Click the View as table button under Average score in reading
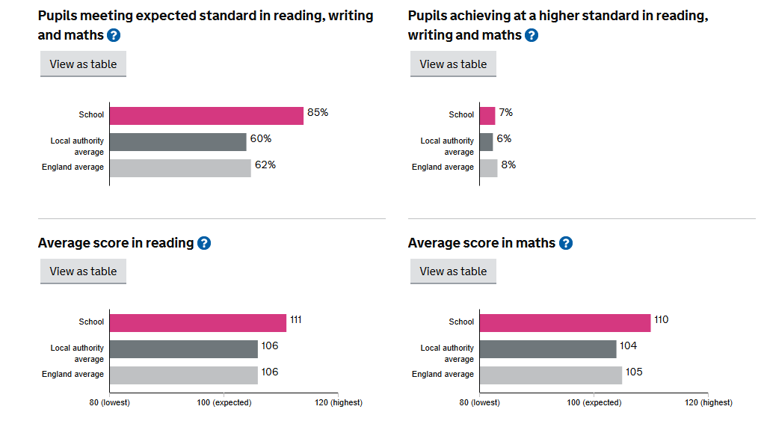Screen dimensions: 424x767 (x=83, y=271)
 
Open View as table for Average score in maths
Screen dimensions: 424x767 (x=453, y=271)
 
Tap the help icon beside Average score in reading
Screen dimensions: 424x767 (x=203, y=243)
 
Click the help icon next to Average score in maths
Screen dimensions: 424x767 (x=566, y=243)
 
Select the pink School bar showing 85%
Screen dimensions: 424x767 (x=206, y=115)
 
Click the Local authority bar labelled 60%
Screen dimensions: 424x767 (x=178, y=142)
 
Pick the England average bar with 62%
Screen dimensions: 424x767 (x=180, y=168)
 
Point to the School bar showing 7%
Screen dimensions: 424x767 (x=487, y=115)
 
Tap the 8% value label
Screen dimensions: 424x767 (x=508, y=165)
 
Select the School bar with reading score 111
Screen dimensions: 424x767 (x=198, y=322)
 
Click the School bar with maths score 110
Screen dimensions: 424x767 (x=565, y=322)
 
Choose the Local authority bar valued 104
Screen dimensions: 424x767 (x=548, y=348)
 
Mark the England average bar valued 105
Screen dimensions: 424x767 (x=551, y=375)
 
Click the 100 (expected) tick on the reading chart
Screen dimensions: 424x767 (x=224, y=402)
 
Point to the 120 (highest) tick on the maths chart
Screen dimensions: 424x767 (x=708, y=402)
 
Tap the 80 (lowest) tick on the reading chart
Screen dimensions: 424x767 (x=110, y=402)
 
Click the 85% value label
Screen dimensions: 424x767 (x=318, y=113)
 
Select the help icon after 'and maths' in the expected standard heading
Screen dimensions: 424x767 (x=114, y=35)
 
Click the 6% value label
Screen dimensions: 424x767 (x=504, y=139)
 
